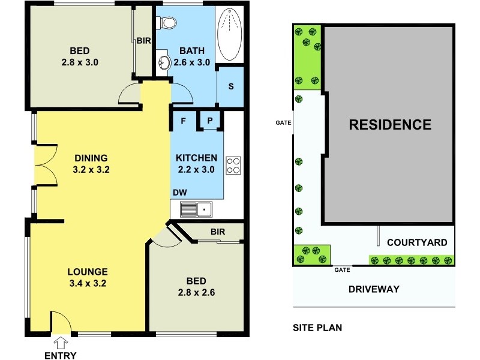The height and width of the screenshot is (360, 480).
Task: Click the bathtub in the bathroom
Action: [x=227, y=35]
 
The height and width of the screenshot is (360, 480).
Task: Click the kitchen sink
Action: [x=196, y=209]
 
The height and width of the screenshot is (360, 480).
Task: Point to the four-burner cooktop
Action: [x=233, y=165]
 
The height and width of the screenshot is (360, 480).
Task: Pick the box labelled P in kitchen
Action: [x=210, y=121]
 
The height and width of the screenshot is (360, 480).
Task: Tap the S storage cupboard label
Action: [x=230, y=86]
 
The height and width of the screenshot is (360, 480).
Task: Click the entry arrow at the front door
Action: [x=60, y=343]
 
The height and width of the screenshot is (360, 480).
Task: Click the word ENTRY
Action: [x=61, y=355]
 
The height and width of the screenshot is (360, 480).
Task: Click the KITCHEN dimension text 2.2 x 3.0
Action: [x=196, y=169]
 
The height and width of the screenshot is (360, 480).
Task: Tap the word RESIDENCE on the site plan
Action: [x=390, y=125]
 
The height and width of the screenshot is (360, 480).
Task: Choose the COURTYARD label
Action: [x=417, y=242]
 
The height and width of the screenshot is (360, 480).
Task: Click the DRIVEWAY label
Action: [x=374, y=289]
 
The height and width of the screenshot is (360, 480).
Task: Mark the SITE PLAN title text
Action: [x=317, y=328]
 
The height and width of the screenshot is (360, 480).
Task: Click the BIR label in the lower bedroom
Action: [x=217, y=232]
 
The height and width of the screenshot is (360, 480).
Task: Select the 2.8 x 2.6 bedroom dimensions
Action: [x=196, y=293]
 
